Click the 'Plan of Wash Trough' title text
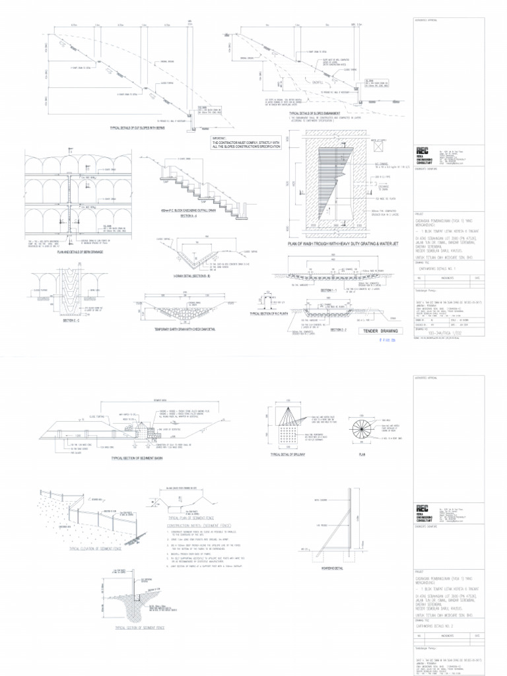[337, 244]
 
